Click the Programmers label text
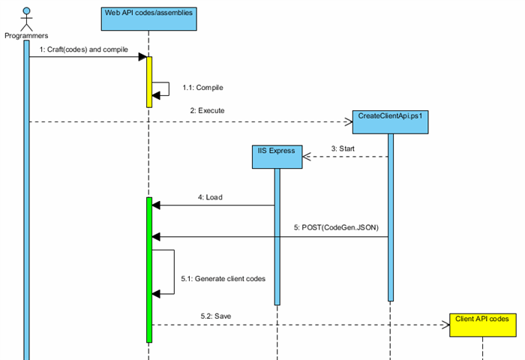coord(26,35)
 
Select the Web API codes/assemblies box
coord(148,18)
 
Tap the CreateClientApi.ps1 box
coord(390,121)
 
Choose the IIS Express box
coord(277,155)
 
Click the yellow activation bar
coord(149,81)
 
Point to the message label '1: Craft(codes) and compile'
coord(84,49)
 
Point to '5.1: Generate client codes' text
coord(223,278)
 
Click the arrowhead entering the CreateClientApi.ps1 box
coord(347,121)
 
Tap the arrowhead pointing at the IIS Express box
coord(307,157)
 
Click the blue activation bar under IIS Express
coord(277,235)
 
